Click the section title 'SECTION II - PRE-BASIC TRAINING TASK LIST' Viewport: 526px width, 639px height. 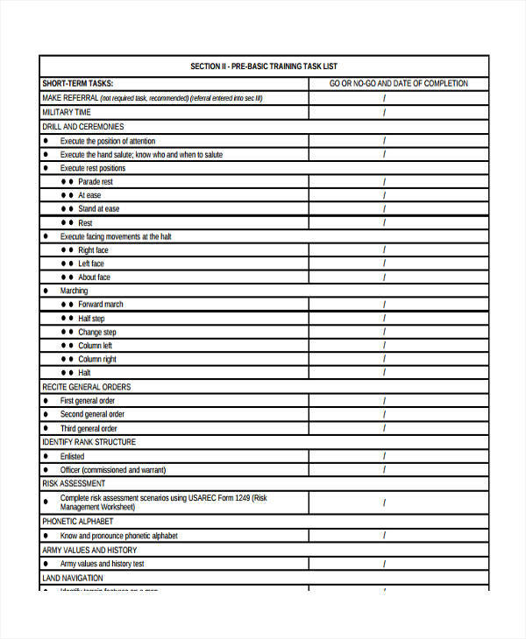[263, 67]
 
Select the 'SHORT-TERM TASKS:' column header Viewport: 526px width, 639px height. [76, 84]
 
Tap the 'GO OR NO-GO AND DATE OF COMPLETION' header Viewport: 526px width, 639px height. [398, 84]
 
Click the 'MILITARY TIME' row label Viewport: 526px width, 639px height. [66, 113]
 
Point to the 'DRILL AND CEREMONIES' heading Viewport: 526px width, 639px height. [83, 127]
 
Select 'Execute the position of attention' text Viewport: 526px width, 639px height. [107, 141]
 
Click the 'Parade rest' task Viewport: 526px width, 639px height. [95, 182]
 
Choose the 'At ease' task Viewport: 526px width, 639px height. [89, 195]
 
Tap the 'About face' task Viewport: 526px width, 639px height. [94, 277]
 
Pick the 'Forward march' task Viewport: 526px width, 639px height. [101, 305]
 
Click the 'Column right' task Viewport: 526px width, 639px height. [97, 359]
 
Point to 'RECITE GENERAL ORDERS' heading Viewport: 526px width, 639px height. [87, 387]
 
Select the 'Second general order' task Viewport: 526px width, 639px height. [92, 414]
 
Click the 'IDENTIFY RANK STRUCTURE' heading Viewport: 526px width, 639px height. [89, 442]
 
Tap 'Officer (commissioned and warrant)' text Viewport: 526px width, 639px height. [112, 470]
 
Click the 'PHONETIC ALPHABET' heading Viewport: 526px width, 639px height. [78, 522]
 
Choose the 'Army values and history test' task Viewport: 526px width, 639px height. [103, 564]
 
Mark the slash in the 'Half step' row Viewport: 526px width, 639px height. [383, 319]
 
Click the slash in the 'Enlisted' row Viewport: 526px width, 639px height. [383, 456]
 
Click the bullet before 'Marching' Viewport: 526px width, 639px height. [46, 291]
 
